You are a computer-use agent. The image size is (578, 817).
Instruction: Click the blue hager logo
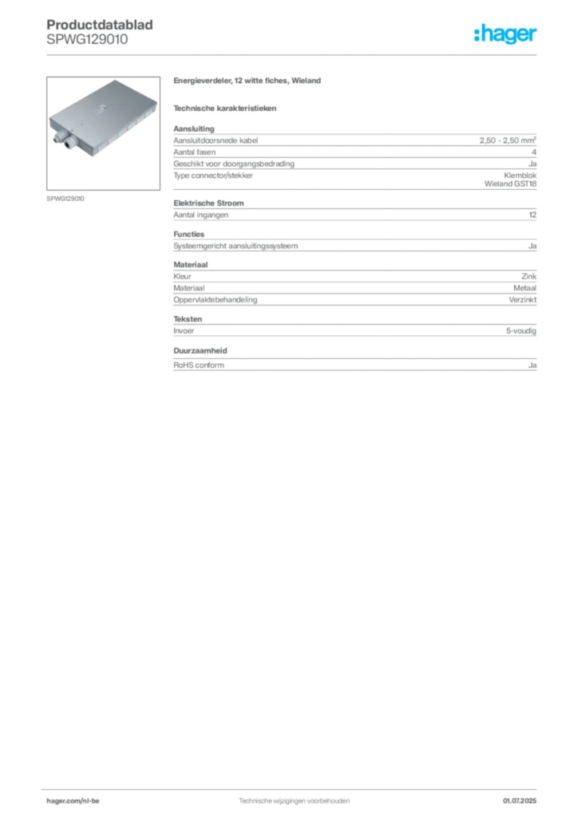click(x=507, y=35)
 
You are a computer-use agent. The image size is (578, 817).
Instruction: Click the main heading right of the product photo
click(x=249, y=82)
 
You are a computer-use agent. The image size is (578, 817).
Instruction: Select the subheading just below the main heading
click(x=227, y=108)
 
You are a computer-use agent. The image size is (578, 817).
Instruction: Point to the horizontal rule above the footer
click(x=294, y=787)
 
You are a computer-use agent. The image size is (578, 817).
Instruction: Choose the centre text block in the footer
click(x=295, y=798)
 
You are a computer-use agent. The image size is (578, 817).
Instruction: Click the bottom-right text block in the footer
click(x=523, y=798)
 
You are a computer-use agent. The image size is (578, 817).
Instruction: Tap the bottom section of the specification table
click(x=354, y=361)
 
